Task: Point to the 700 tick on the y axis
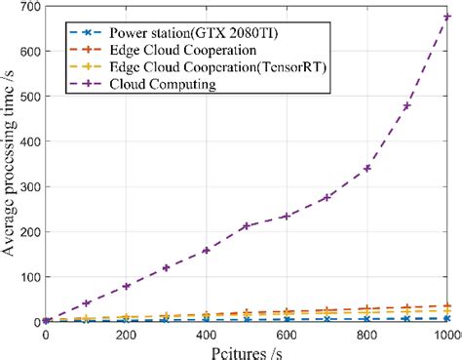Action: [29, 8]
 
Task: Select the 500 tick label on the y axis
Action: [29, 98]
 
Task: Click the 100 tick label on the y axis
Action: [29, 277]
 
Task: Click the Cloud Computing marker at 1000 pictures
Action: [446, 17]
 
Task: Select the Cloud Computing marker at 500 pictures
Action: [247, 225]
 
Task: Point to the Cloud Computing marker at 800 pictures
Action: [366, 168]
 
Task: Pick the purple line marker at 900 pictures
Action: [406, 105]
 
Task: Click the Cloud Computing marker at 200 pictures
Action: [126, 286]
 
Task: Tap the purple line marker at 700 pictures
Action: [327, 197]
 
